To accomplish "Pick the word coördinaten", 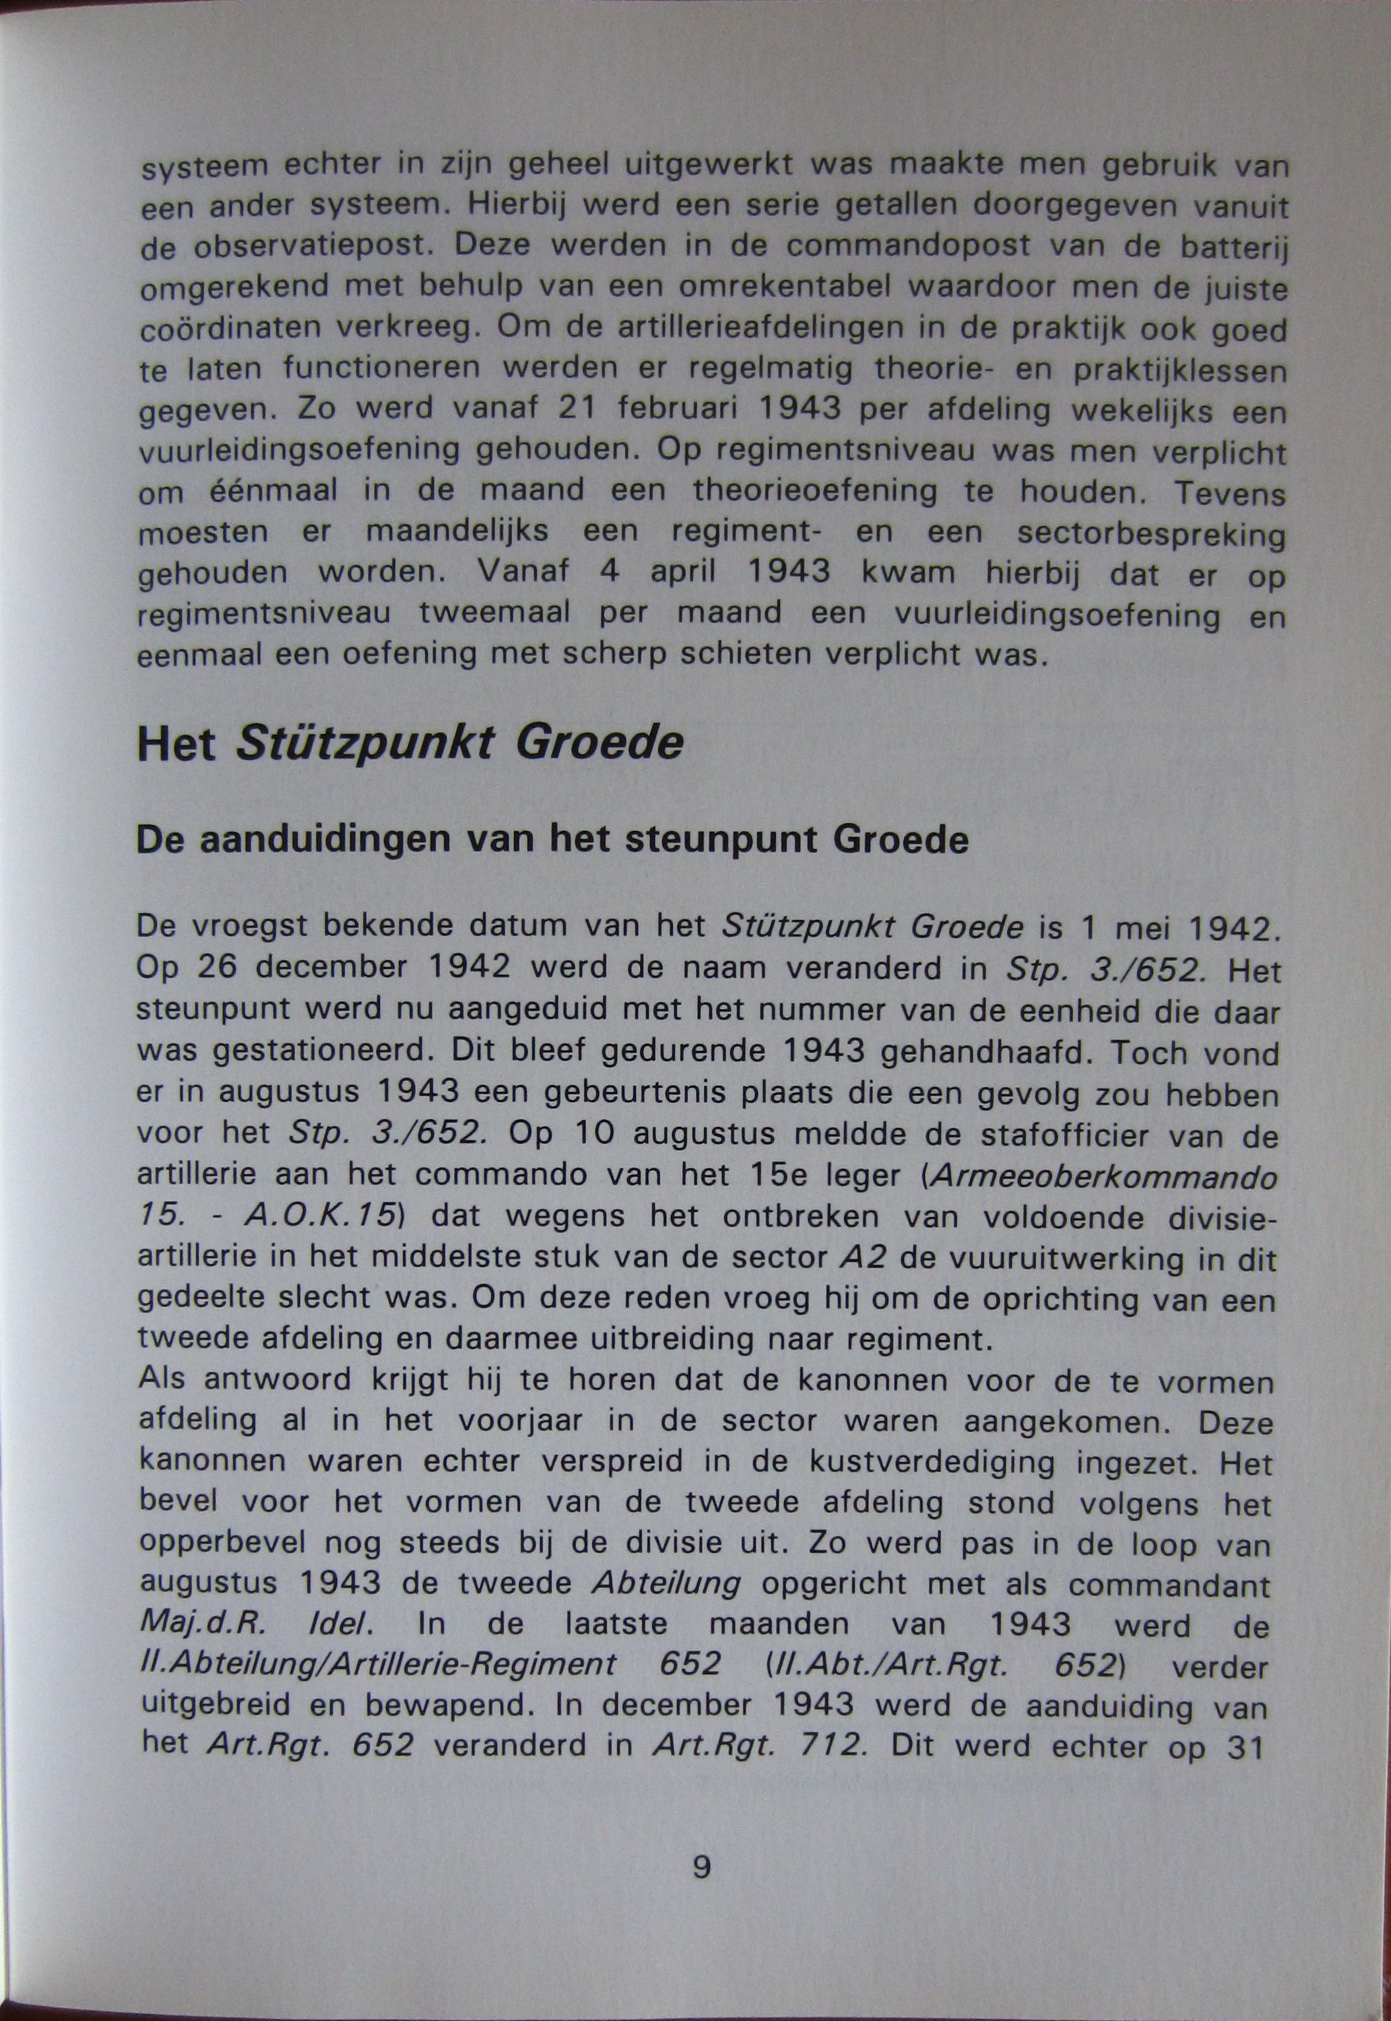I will click(x=228, y=329).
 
